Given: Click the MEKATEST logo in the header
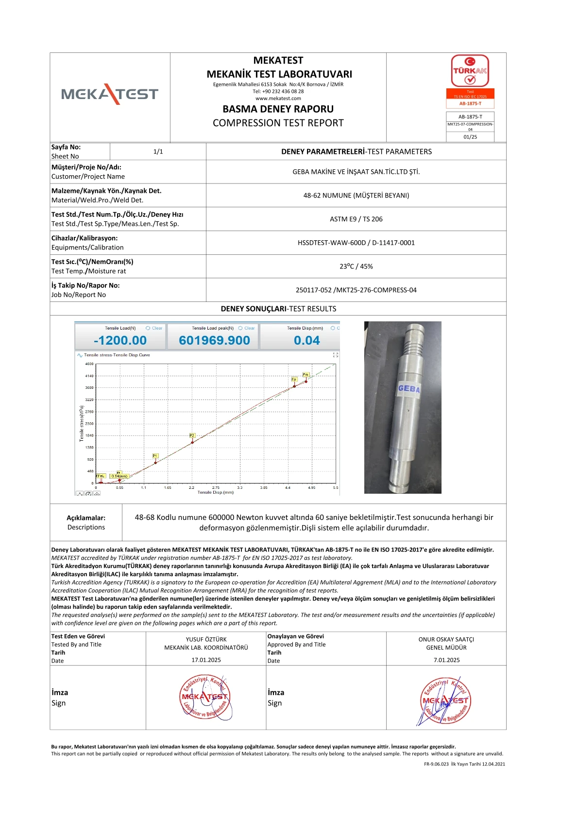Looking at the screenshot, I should point(110,94).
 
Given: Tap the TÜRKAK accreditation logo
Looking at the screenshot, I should point(470,71).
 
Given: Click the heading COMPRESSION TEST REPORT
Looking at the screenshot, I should point(278,123).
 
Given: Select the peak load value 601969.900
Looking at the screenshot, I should point(214,340).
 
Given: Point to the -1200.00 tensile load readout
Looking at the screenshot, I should point(120,340).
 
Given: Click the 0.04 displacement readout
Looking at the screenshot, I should point(307,340).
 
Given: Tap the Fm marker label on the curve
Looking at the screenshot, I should point(306,375).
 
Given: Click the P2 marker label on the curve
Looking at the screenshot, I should point(192,435).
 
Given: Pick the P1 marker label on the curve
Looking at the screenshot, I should point(155,456).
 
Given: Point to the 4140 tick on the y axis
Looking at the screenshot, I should point(89,376).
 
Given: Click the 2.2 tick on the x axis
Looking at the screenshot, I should point(191,487).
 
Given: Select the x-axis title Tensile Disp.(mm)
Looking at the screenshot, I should point(215,492).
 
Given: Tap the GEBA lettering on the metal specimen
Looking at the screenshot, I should point(408,388).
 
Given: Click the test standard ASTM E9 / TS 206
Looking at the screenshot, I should point(356,219).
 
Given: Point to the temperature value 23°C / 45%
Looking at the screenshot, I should point(356,267).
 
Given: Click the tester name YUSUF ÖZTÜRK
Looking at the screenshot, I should point(206,639).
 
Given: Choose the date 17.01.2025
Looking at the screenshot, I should point(206,660).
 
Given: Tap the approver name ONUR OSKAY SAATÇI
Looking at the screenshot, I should point(446,639).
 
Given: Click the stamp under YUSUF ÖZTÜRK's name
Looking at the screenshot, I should point(205,697).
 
